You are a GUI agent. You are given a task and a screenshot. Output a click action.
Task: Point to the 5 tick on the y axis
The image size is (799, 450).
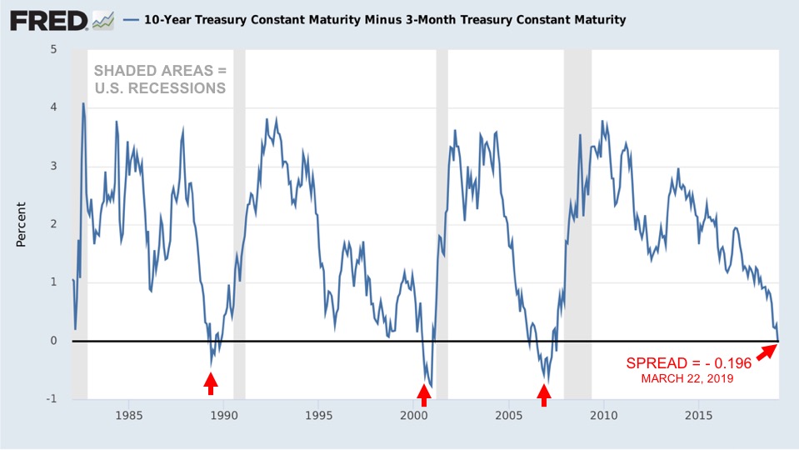pos(54,49)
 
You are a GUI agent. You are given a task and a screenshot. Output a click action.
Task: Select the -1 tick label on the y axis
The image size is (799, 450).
pos(52,398)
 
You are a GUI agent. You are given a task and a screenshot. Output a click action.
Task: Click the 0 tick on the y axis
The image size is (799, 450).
pos(54,340)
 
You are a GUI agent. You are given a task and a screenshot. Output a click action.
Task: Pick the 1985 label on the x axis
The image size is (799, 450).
pos(128,414)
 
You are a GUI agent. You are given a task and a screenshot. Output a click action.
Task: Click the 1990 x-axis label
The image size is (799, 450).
pos(223,414)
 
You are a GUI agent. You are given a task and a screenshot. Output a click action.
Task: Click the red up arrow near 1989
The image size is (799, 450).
pos(211,383)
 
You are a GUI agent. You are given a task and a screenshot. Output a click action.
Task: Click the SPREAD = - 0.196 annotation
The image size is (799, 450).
pos(689,364)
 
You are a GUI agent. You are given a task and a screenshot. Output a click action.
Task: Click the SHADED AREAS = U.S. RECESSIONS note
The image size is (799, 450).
pos(158,79)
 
